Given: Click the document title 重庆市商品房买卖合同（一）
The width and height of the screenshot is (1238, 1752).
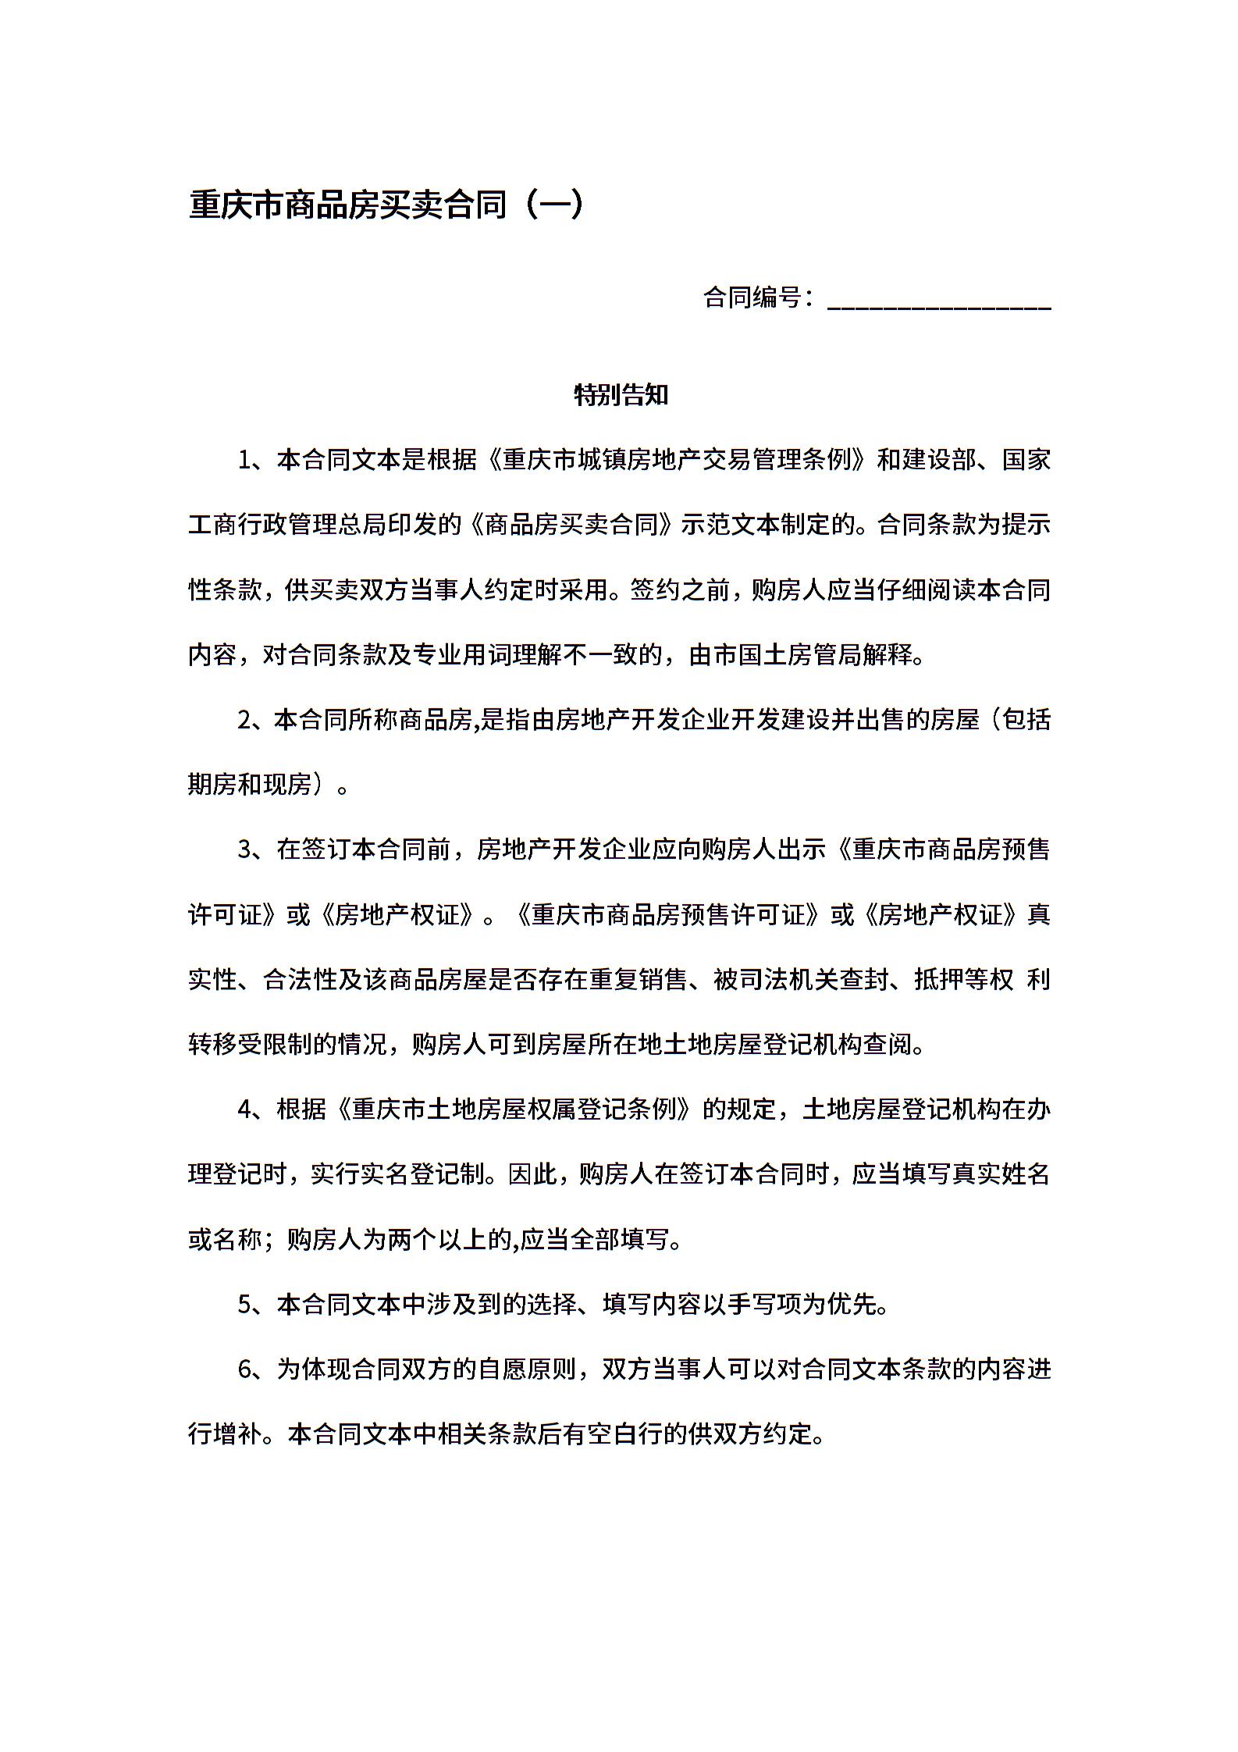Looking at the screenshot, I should click(386, 205).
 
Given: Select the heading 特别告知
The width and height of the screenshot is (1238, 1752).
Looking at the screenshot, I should click(621, 395).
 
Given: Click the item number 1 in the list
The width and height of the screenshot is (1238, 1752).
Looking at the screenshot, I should click(244, 461).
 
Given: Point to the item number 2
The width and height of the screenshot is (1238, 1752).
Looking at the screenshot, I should click(244, 720).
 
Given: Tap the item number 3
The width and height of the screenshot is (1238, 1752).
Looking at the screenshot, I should click(244, 849).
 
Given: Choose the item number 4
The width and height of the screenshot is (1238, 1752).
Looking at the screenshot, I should click(244, 1109).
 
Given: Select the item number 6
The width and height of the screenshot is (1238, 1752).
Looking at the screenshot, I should click(244, 1369).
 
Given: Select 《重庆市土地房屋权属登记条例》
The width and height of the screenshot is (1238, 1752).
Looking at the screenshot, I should click(515, 1109).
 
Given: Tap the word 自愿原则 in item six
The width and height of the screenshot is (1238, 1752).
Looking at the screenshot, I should click(527, 1369).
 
